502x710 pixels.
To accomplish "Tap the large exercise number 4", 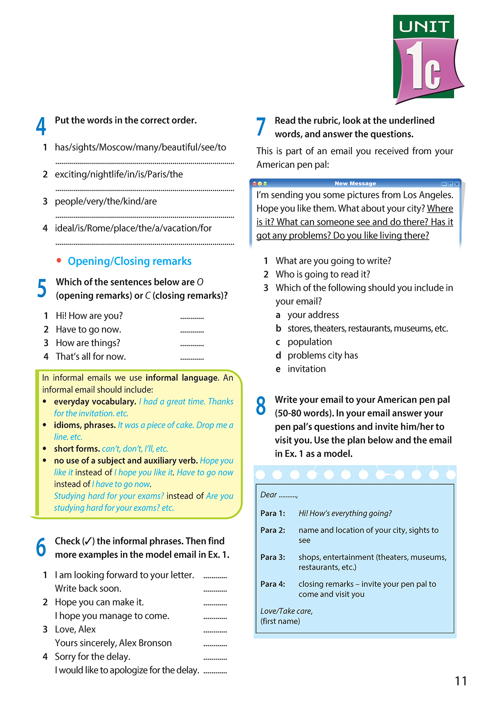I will [x=41, y=126].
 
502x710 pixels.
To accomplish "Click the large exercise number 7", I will [x=261, y=126].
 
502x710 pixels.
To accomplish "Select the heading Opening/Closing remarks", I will [x=129, y=261].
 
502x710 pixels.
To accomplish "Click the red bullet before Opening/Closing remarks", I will [x=59, y=261].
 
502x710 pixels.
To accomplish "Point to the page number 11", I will [x=461, y=681].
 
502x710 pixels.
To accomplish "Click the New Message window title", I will [x=355, y=183].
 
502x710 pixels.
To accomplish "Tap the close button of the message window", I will [x=457, y=184].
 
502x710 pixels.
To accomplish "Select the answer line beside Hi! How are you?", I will [x=192, y=318].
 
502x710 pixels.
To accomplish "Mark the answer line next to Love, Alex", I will [x=215, y=631].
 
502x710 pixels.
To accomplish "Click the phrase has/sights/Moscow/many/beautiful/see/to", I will [x=140, y=147].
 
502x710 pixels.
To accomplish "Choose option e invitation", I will [x=306, y=369].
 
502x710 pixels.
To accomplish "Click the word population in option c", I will [x=309, y=342].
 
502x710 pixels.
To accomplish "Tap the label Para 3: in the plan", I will [x=273, y=557].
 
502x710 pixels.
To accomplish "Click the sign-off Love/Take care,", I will [x=286, y=611].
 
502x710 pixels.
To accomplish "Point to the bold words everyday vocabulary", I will [x=95, y=402].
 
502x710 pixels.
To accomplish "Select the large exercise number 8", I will [x=261, y=406].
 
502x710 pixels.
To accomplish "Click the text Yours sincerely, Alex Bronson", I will [x=113, y=643].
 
